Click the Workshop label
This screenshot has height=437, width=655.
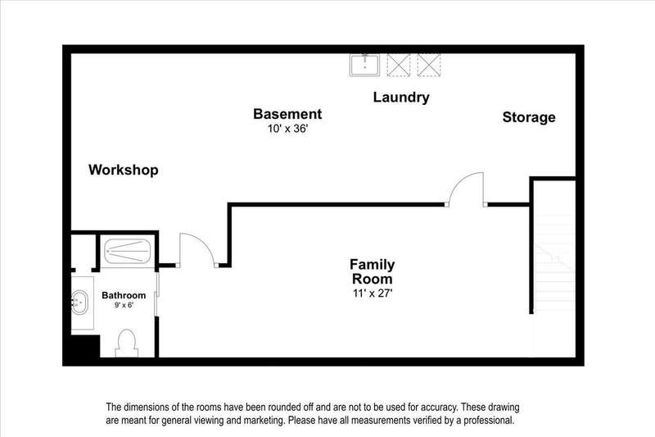[123, 171]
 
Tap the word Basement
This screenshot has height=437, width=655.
[287, 114]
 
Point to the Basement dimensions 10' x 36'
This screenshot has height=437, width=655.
[287, 130]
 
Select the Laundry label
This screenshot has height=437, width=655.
[401, 98]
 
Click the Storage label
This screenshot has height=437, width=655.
[528, 117]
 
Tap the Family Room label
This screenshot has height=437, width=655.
[373, 271]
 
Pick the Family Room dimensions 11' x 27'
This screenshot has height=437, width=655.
[373, 293]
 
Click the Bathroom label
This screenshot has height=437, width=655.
[124, 295]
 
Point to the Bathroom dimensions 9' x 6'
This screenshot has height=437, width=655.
[124, 306]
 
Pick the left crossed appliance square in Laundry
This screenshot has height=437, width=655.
[398, 63]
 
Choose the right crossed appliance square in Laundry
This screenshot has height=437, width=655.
[428, 63]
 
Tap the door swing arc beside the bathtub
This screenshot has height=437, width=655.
[196, 249]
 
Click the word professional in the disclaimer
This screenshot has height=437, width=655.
[483, 421]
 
